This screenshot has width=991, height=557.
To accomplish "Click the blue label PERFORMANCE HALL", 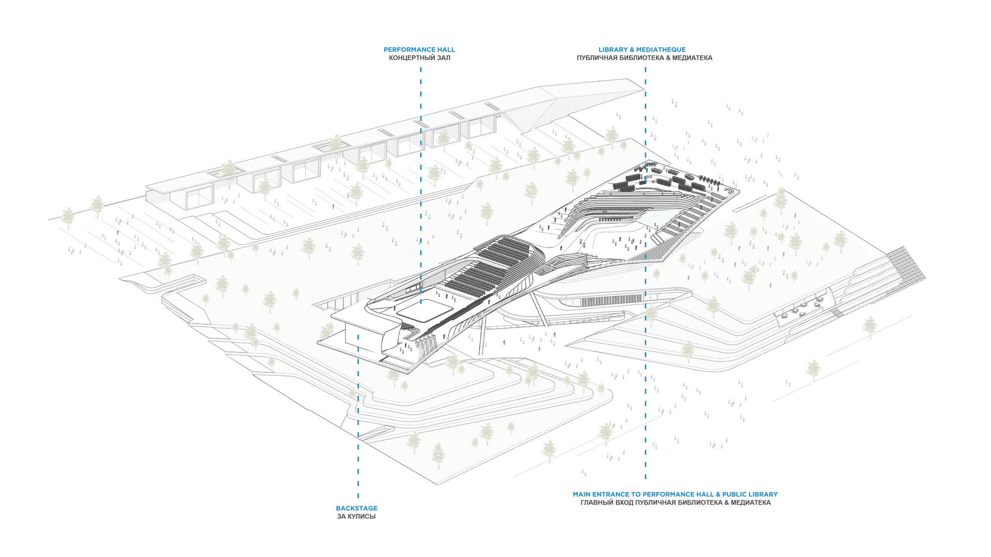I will (x=419, y=50).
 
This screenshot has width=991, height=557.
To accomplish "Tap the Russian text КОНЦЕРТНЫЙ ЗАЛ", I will (x=419, y=58).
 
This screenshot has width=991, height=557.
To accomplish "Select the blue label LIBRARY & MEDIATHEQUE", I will (x=642, y=50).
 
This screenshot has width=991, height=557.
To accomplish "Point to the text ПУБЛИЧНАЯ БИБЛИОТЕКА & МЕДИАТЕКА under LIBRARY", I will (x=644, y=58).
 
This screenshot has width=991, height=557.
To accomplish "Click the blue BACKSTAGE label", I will (x=356, y=508).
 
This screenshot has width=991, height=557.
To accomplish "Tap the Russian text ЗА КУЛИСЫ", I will (x=356, y=516).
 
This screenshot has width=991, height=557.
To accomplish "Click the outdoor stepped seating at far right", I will (x=907, y=267).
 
